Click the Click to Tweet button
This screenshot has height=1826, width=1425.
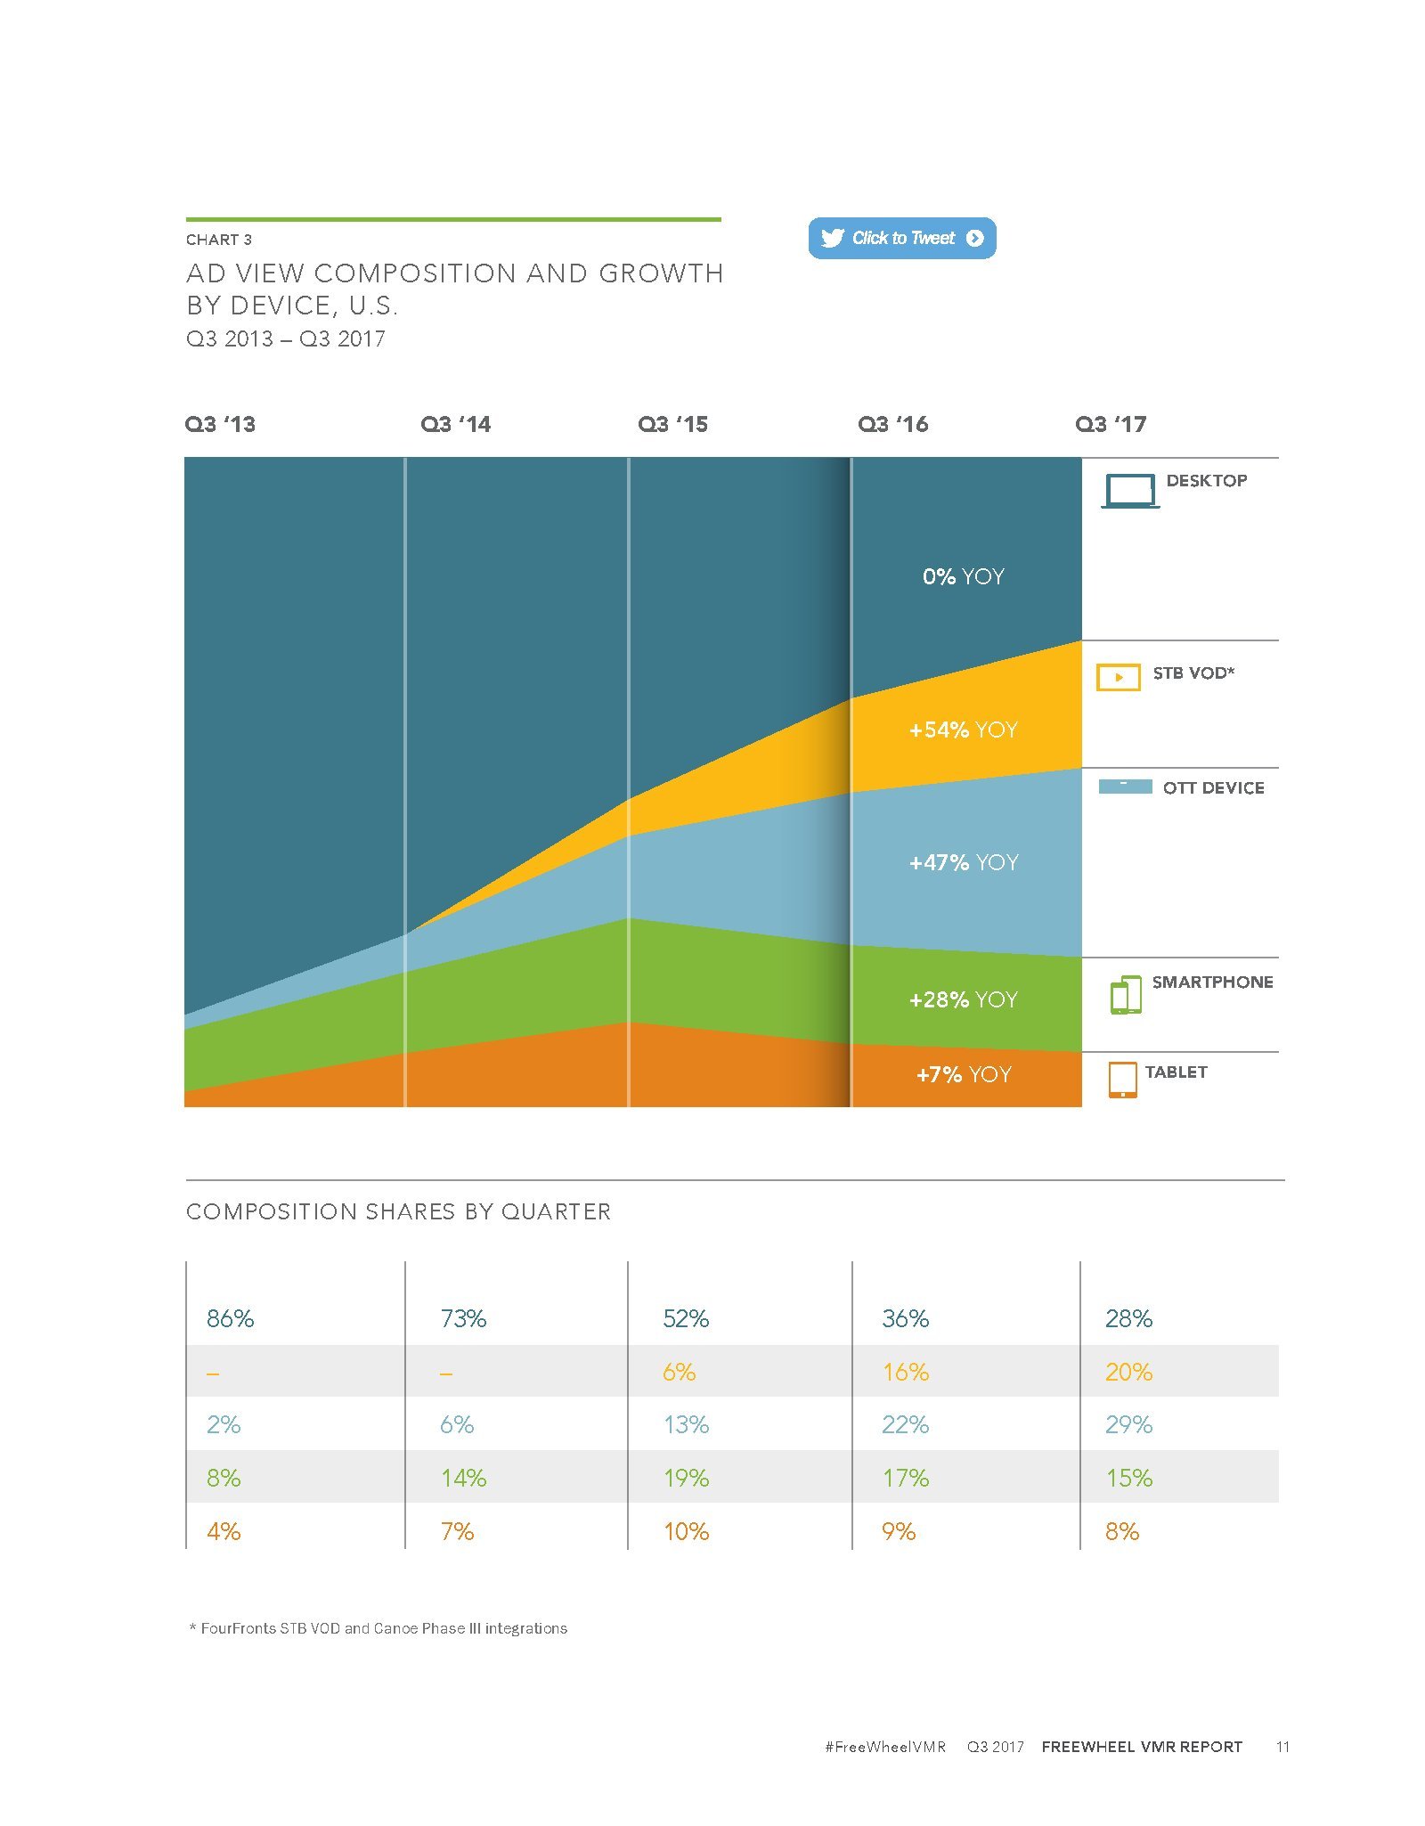tap(901, 238)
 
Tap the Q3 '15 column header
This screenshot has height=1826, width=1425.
tap(672, 424)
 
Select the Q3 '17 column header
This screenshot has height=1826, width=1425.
tap(1110, 424)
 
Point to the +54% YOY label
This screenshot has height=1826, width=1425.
tap(963, 730)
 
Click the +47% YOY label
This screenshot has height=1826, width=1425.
tap(963, 862)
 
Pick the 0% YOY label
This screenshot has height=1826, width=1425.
tap(963, 576)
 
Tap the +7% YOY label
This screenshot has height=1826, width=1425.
tap(964, 1074)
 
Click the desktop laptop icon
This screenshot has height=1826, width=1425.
tap(1130, 491)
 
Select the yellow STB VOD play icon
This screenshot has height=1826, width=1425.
tap(1118, 677)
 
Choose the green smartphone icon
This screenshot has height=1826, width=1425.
tap(1126, 995)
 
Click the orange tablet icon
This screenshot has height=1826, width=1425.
tap(1122, 1080)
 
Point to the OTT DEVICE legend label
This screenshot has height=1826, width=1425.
tap(1213, 787)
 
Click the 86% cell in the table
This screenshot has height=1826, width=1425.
tap(230, 1318)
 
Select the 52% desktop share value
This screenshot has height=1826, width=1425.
tap(686, 1318)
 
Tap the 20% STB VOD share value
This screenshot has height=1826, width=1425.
tap(1128, 1372)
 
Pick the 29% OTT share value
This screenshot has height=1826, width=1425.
tap(1128, 1424)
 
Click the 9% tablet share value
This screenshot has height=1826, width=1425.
tap(899, 1531)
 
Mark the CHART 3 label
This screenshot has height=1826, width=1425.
tap(219, 240)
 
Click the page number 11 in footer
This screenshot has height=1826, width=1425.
tap(1282, 1747)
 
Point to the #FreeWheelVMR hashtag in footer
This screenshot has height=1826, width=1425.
tap(884, 1747)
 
